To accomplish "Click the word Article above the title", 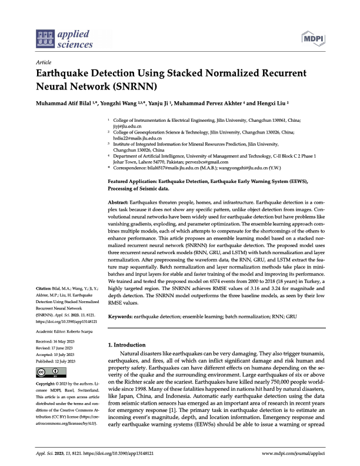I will pos(44,62).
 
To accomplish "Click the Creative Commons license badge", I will pos(50,372).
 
